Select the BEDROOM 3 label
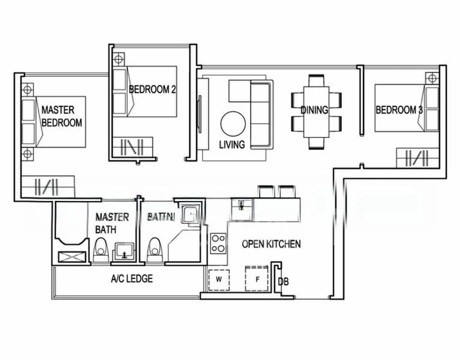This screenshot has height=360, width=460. point(399,110)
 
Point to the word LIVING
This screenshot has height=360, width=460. point(231,145)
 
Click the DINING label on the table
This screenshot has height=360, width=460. point(314,110)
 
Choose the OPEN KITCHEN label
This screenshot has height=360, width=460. point(271,244)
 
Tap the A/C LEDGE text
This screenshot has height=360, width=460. point(131,278)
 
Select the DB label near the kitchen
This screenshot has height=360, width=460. point(284,281)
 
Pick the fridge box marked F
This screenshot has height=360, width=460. point(257,278)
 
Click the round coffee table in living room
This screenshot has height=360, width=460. point(233,124)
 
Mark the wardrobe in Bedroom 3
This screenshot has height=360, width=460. point(413,158)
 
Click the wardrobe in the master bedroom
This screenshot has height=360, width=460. point(47,186)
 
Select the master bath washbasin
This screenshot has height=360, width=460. point(125,252)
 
